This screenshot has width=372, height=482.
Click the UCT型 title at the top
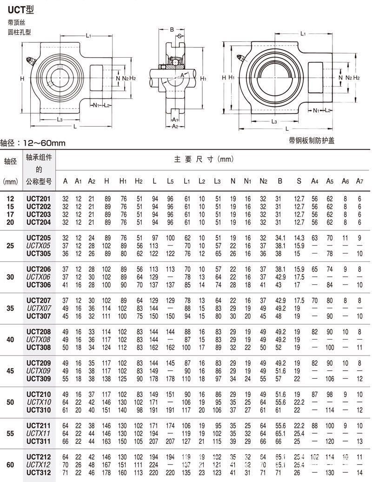coord(21,9)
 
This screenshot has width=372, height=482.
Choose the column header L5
coord(170,181)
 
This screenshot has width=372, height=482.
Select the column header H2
coord(139,181)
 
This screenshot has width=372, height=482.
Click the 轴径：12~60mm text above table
coord(33,143)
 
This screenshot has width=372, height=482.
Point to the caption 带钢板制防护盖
coord(311,141)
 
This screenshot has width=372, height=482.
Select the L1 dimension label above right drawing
coord(303,33)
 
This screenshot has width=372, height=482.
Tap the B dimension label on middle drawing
coord(172,30)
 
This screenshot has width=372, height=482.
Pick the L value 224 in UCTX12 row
coord(154,465)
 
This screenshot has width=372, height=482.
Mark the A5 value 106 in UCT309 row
coord(330,378)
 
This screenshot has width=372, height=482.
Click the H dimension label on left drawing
coord(22,79)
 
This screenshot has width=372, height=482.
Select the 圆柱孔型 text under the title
coord(19,32)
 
